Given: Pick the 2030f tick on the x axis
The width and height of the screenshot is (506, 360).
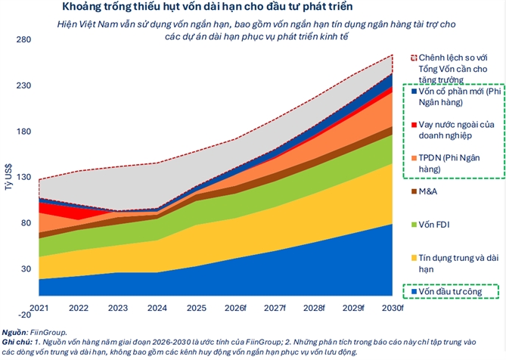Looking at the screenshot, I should click(x=392, y=307).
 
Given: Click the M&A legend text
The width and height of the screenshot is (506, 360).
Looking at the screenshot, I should click(x=428, y=191).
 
